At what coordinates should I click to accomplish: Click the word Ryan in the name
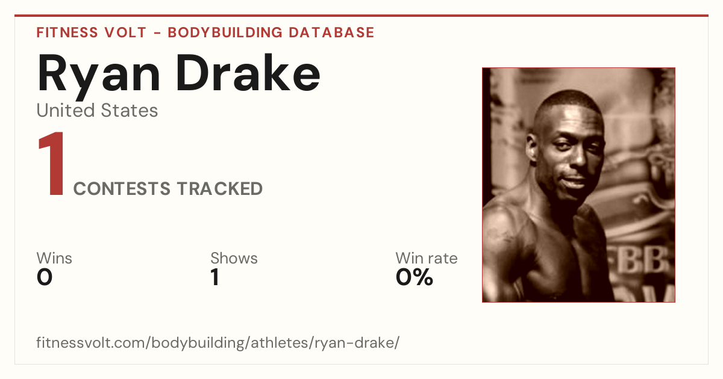tap(98, 76)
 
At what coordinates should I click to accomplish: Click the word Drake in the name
tap(248, 73)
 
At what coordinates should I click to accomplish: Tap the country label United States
tap(97, 110)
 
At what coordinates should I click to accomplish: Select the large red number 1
tap(52, 163)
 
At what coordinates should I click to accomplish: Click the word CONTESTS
tap(122, 188)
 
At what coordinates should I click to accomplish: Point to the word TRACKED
tap(220, 188)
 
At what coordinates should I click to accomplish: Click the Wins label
tap(54, 258)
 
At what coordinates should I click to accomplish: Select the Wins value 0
tap(45, 277)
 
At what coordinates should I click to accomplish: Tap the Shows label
tap(234, 258)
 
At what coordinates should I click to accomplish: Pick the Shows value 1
tap(215, 277)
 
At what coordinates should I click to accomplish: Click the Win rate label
tap(427, 258)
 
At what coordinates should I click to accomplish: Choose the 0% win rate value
tap(415, 277)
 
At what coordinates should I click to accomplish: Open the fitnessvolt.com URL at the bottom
tap(218, 342)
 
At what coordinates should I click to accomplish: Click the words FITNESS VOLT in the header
tap(92, 32)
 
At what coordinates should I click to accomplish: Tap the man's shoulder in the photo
tap(507, 226)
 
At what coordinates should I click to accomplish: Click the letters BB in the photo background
tap(642, 260)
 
